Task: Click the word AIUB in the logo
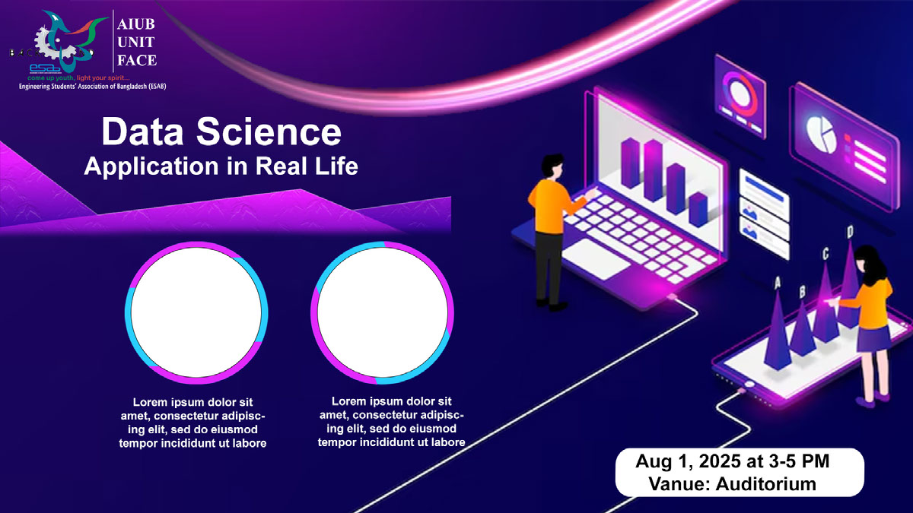pyautogui.click(x=137, y=24)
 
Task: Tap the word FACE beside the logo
pyautogui.click(x=137, y=61)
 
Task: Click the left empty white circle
pyautogui.click(x=196, y=311)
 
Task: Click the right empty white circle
pyautogui.click(x=382, y=311)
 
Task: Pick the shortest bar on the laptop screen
pyautogui.click(x=698, y=207)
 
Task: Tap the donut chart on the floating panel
pyautogui.click(x=739, y=92)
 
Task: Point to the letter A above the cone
pyautogui.click(x=777, y=283)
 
